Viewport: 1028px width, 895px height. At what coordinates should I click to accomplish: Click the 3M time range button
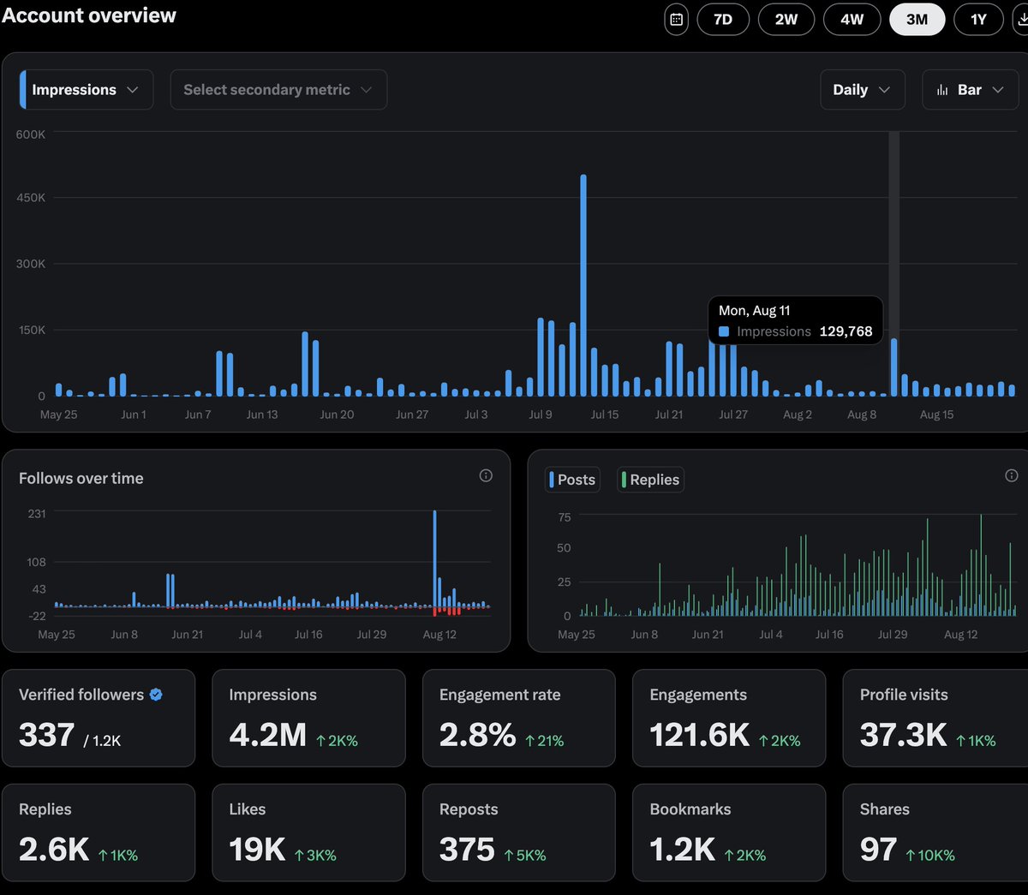click(917, 19)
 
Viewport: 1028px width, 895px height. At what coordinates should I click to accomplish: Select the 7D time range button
click(723, 19)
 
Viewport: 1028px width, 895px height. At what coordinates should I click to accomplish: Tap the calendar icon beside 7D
click(676, 19)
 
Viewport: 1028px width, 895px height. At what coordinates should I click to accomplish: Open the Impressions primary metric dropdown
click(86, 90)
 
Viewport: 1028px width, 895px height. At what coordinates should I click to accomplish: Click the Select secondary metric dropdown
click(278, 90)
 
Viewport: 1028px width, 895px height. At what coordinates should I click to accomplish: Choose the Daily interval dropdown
click(862, 90)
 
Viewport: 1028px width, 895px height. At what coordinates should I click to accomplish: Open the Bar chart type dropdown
click(970, 90)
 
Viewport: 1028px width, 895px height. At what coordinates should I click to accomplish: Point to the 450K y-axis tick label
click(31, 198)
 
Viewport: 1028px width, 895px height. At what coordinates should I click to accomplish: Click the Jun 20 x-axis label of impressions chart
click(337, 415)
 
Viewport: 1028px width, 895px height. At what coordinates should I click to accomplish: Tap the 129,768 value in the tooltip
click(846, 331)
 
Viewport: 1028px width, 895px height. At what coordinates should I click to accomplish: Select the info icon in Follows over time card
click(486, 475)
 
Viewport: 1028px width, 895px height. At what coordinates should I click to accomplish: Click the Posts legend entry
click(574, 480)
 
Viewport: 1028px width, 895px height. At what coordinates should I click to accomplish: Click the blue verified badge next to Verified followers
click(156, 695)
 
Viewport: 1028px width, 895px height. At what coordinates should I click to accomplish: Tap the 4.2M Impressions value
click(267, 735)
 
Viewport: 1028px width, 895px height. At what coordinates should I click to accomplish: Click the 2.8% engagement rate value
click(477, 735)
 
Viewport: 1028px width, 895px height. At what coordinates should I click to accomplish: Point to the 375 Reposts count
click(467, 850)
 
